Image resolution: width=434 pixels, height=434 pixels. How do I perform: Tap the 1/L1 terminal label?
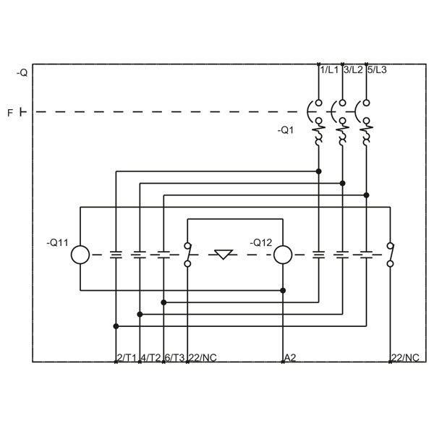[x=329, y=70]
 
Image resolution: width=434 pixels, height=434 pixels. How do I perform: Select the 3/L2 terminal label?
[x=353, y=70]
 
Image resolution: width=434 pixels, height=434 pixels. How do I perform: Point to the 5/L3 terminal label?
[x=377, y=70]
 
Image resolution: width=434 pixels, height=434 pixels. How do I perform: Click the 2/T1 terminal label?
[x=127, y=357]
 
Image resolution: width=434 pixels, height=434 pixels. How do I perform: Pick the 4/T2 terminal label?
[x=150, y=357]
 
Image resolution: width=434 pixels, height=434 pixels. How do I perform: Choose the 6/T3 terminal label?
[x=174, y=357]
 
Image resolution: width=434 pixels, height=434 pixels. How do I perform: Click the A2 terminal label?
[x=290, y=357]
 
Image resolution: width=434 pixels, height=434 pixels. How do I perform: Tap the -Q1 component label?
[x=286, y=130]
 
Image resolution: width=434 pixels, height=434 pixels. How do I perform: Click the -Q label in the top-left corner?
[x=22, y=73]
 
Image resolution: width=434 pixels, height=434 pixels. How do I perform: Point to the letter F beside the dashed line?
[x=10, y=113]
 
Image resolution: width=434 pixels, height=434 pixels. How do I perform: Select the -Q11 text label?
[x=57, y=243]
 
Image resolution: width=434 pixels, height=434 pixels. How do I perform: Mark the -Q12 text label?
[x=260, y=243]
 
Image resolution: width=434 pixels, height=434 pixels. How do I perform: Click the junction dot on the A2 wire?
[x=283, y=290]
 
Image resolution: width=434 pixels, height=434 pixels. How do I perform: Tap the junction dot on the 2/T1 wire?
[x=116, y=326]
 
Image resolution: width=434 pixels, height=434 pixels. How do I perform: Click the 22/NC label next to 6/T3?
[x=203, y=357]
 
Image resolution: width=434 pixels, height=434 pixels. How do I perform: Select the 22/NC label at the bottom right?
[x=405, y=357]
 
